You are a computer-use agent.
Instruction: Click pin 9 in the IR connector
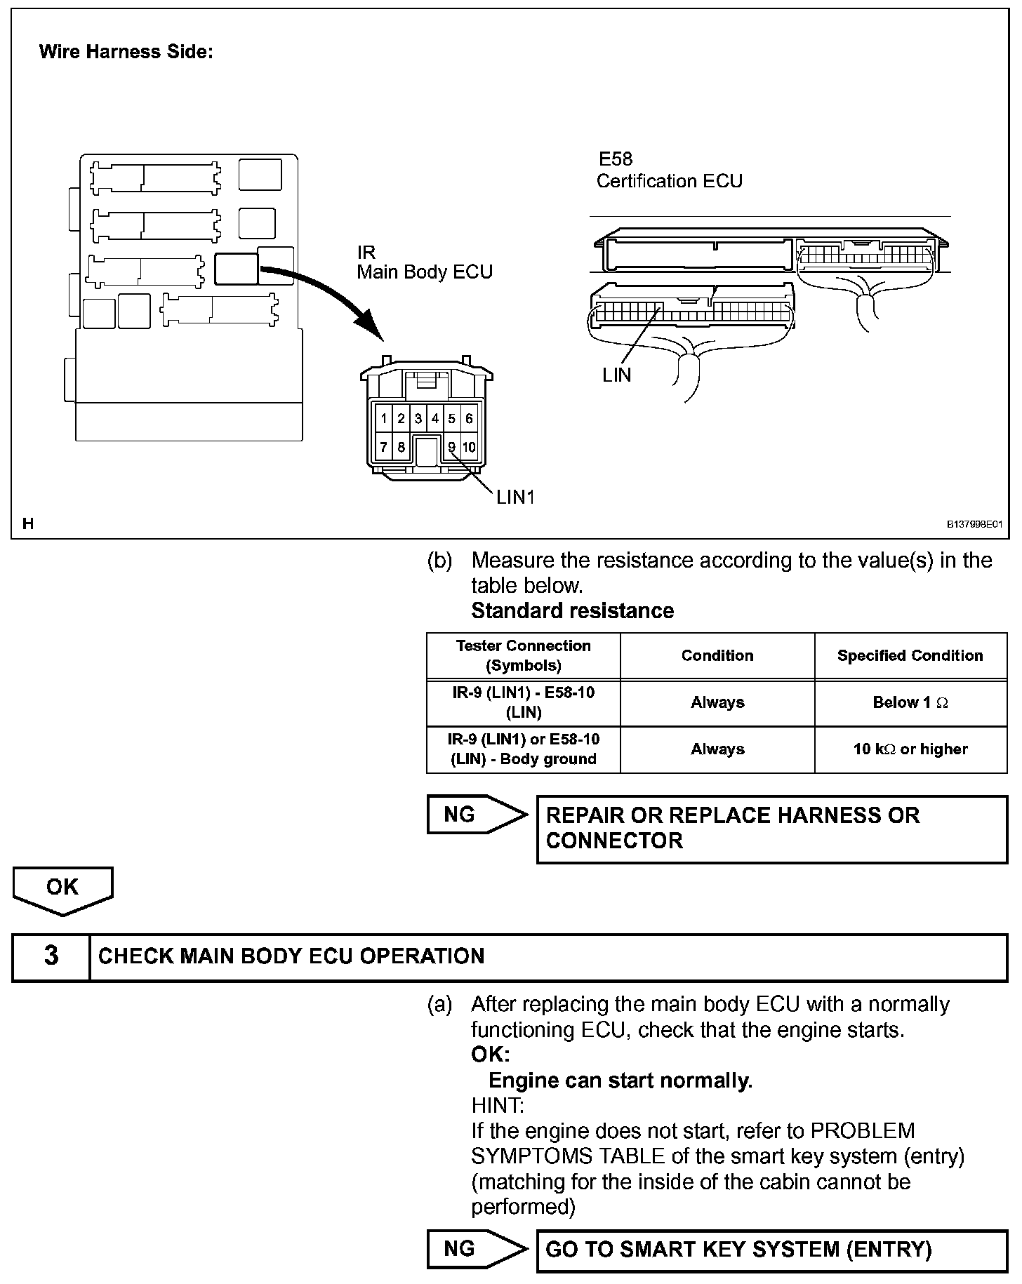[452, 446]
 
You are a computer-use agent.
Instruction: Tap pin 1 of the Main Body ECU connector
[384, 419]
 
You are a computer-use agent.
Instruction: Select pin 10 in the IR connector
[469, 446]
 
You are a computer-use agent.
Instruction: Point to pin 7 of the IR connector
[384, 446]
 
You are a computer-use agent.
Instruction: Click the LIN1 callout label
[515, 497]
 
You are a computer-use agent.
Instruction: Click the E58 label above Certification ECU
[615, 159]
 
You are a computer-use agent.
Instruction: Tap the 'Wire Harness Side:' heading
[126, 52]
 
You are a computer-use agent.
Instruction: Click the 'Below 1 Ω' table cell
[910, 702]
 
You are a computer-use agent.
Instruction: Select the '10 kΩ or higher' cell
[910, 749]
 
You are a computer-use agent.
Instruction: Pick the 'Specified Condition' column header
[910, 655]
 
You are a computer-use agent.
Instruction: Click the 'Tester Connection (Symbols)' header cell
[523, 655]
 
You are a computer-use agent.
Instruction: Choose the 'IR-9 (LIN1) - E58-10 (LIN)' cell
[523, 702]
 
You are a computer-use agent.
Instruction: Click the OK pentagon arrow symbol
[62, 890]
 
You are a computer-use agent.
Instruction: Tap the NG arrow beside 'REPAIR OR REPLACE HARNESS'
[476, 815]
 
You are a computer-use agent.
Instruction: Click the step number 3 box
[51, 956]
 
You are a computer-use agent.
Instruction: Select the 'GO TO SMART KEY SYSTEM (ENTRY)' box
[771, 1250]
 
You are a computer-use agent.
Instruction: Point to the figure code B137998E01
[975, 524]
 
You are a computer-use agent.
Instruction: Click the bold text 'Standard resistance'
[572, 610]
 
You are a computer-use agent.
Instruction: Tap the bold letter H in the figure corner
[28, 523]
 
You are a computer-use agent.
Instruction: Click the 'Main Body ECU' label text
[425, 272]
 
